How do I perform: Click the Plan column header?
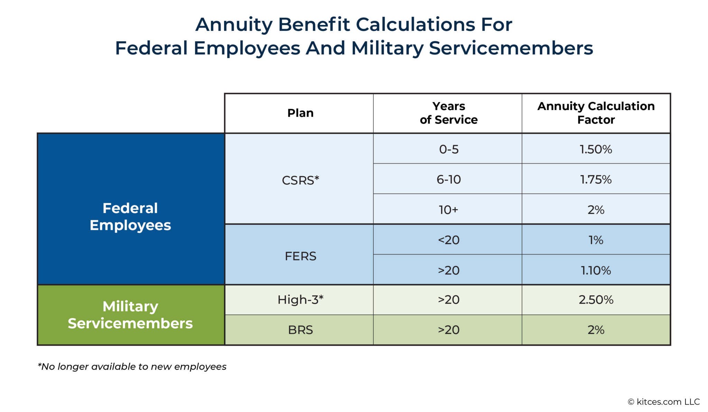point(300,113)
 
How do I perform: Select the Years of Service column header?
point(448,113)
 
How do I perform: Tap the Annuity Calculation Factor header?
point(596,113)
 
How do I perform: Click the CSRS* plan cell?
point(300,180)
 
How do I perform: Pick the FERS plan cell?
point(300,256)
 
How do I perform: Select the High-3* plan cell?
point(300,299)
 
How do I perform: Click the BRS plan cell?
point(300,330)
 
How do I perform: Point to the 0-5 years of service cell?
point(448,149)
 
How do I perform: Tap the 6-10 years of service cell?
point(448,179)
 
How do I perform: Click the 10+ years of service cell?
point(448,209)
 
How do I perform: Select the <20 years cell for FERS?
point(448,240)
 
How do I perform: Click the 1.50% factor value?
point(596,149)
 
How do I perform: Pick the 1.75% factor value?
point(596,179)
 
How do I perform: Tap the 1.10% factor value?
point(596,270)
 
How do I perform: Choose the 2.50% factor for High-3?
point(596,299)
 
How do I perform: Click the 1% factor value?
point(596,240)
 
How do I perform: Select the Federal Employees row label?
point(130,216)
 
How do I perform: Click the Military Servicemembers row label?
point(130,315)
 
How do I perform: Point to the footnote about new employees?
point(132,366)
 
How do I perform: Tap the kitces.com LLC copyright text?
point(663,402)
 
